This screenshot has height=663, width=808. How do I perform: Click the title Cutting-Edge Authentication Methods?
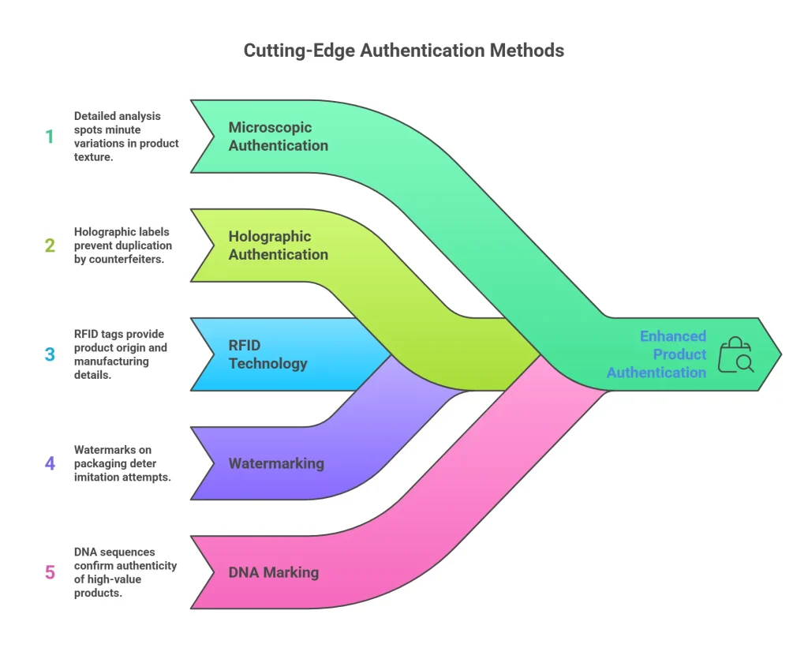pyautogui.click(x=403, y=51)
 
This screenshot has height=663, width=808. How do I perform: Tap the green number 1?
pyautogui.click(x=50, y=137)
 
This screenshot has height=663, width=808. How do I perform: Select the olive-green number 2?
pyautogui.click(x=50, y=245)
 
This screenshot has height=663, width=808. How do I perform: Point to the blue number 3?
pyautogui.click(x=50, y=354)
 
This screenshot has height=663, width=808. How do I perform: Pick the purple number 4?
pyautogui.click(x=50, y=463)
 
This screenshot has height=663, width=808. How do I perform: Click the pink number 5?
pyautogui.click(x=50, y=572)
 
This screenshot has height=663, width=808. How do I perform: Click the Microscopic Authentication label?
pyautogui.click(x=278, y=137)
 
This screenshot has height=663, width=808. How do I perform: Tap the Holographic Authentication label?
pyautogui.click(x=278, y=245)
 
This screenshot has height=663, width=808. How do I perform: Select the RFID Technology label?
pyautogui.click(x=267, y=354)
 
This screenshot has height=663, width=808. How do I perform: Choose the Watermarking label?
pyautogui.click(x=276, y=463)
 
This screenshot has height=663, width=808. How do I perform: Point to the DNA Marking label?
pyautogui.click(x=273, y=572)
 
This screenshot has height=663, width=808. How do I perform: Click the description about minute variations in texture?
pyautogui.click(x=126, y=137)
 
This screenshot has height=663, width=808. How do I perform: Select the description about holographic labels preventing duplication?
pyautogui.click(x=122, y=245)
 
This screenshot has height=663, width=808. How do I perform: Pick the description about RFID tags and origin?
pyautogui.click(x=121, y=354)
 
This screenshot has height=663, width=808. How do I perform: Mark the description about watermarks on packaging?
pyautogui.click(x=122, y=463)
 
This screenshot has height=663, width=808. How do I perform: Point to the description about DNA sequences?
pyautogui.click(x=125, y=572)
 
